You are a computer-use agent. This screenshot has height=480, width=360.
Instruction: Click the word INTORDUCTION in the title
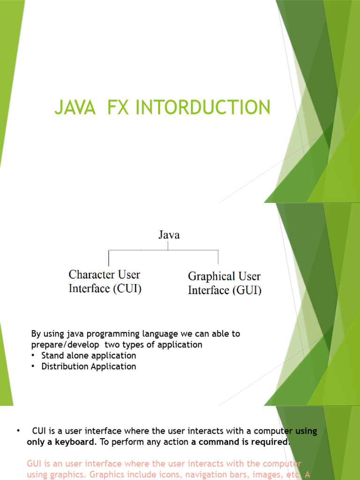pyautogui.click(x=202, y=107)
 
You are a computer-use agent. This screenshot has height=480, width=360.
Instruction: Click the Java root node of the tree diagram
pyautogui.click(x=168, y=235)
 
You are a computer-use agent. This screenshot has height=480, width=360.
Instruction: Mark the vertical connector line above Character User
pyautogui.click(x=109, y=257)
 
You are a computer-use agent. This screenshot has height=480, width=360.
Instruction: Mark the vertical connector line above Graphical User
pyautogui.click(x=218, y=257)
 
